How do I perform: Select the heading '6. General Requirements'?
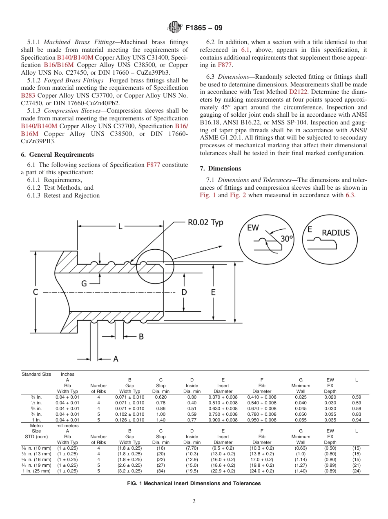point(57,155)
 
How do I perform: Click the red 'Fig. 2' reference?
point(238,195)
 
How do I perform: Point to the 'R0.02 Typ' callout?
point(205,223)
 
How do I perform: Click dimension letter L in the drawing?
point(120,226)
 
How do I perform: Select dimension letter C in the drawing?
point(36,292)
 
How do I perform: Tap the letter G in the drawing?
point(84,283)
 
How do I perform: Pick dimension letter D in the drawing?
point(184,292)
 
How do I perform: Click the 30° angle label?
point(287,238)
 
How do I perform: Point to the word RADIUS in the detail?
point(336,233)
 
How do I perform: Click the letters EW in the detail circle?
point(253,228)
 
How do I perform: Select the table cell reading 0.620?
point(161,397)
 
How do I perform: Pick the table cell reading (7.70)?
point(192,448)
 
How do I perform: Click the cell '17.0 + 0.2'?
point(262,459)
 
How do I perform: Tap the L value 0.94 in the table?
point(356,420)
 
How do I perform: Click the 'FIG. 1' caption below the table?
point(194,484)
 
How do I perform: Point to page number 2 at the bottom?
point(194,501)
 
